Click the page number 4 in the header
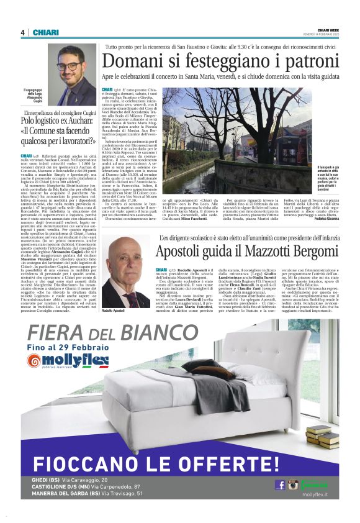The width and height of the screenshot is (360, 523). tap(22, 33)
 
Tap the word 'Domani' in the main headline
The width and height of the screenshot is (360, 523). tap(135, 61)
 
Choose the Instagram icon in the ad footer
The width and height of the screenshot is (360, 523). tap(293, 484)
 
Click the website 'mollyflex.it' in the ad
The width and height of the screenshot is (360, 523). tap(315, 495)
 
